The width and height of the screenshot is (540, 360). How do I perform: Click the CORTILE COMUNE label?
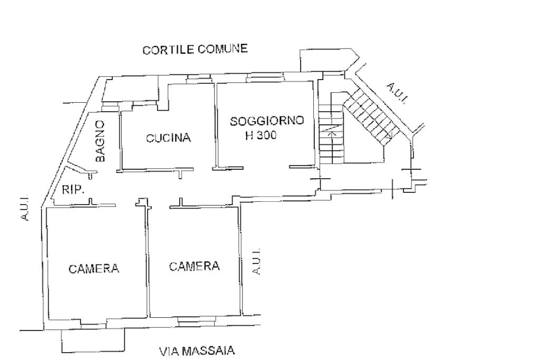click(195, 49)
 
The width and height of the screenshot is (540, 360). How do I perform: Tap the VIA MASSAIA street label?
click(197, 351)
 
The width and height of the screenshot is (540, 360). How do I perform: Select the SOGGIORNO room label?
click(267, 121)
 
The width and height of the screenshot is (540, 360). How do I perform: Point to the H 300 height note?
click(261, 135)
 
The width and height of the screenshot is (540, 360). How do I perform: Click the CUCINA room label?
click(168, 138)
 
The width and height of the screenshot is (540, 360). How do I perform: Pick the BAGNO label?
click(100, 141)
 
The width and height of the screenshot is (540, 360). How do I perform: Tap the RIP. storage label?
click(73, 189)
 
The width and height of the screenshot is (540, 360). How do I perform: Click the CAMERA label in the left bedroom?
click(94, 268)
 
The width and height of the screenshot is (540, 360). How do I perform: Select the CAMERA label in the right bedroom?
click(194, 266)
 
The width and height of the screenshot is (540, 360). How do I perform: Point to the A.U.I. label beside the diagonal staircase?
click(397, 93)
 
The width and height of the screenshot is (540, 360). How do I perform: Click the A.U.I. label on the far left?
click(24, 207)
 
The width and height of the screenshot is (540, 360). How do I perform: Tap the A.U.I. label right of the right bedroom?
click(256, 261)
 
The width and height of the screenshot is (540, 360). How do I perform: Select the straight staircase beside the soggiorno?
click(331, 134)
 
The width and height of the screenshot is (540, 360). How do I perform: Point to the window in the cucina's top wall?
click(199, 80)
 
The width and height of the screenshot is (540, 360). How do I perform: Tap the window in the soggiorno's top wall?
click(265, 79)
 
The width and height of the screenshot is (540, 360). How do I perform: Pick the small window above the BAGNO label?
click(110, 107)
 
